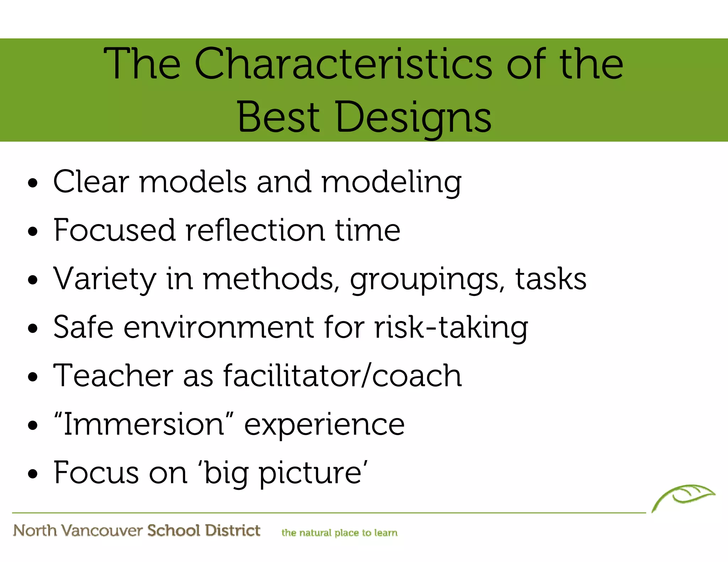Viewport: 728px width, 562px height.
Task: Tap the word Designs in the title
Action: [413, 117]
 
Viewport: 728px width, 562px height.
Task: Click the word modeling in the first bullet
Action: [391, 182]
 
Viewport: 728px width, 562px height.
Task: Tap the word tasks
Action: [551, 279]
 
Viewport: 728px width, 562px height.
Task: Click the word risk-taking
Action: [451, 328]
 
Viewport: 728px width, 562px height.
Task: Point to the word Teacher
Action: [113, 375]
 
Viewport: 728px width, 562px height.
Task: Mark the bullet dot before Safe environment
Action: [33, 329]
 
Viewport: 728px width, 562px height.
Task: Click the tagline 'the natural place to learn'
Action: [339, 533]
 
